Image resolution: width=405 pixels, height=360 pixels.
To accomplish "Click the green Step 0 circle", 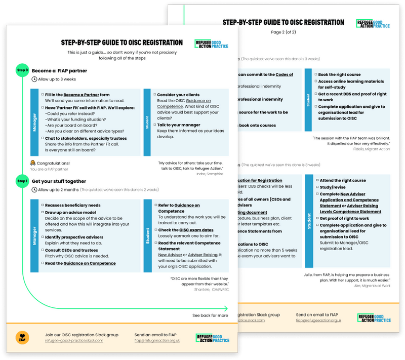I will (x=22, y=70).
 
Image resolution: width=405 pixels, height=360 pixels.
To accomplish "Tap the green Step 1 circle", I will (x=22, y=181).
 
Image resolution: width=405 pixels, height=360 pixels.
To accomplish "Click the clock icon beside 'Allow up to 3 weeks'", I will (x=34, y=79).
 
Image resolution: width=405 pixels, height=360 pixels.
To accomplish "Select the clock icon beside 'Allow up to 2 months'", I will (x=34, y=190).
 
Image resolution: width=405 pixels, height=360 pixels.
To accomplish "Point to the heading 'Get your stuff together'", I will (x=59, y=181).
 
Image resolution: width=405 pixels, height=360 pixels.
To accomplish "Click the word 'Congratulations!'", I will (x=53, y=163).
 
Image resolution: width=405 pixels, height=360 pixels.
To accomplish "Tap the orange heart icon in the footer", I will (x=23, y=337).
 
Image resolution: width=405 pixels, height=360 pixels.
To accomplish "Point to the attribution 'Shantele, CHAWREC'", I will (x=211, y=289).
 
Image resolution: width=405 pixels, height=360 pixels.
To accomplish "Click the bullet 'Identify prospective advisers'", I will (x=74, y=237).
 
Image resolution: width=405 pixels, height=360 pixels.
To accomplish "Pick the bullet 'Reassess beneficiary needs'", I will (x=72, y=205).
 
